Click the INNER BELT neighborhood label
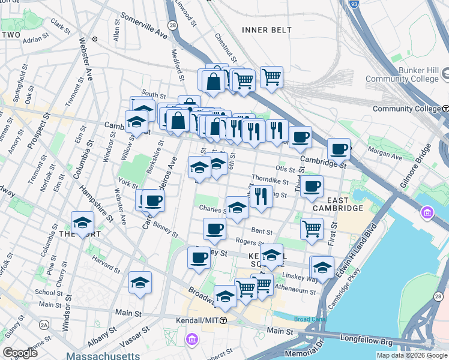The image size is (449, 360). point(266,29)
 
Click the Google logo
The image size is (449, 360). point(20,353)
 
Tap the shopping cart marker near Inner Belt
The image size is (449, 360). point(271,77)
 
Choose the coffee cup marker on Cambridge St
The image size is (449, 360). point(339,149)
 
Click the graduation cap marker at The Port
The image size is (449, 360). point(82,223)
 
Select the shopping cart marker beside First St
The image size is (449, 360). point(312,229)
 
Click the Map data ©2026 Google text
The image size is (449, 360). point(411,355)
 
